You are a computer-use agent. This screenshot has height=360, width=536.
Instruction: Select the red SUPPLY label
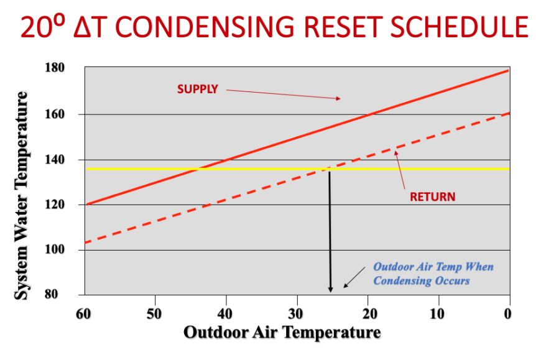[x=197, y=89]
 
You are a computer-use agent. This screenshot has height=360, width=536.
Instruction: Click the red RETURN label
[x=432, y=197]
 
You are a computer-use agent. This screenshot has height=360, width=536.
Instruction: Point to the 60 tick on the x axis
[x=84, y=313]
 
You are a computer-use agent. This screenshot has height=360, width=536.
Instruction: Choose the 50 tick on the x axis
[x=155, y=313]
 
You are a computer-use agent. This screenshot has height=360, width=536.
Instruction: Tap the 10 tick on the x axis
[x=439, y=313]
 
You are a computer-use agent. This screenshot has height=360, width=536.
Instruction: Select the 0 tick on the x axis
[x=508, y=313]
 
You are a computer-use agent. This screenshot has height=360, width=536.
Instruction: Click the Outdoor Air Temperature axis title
[x=282, y=333]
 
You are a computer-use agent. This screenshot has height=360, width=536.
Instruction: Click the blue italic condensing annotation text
[x=433, y=274]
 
